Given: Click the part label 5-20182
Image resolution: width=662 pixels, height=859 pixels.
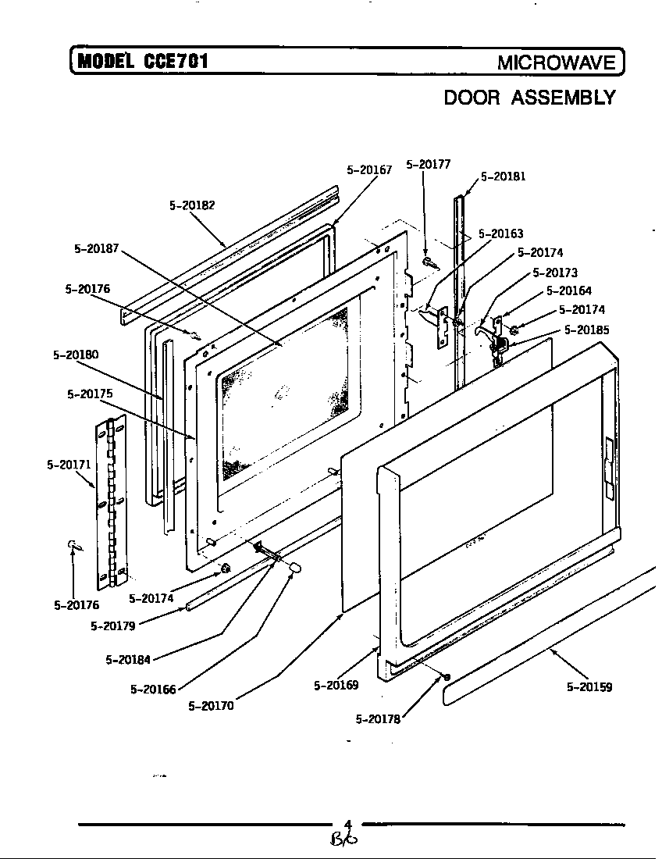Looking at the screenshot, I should (x=191, y=205).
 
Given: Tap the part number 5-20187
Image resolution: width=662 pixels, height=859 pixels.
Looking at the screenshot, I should (x=97, y=249).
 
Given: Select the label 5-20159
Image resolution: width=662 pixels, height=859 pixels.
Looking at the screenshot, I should (x=589, y=687).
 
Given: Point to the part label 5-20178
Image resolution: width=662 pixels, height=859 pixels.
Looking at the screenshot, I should (x=378, y=719).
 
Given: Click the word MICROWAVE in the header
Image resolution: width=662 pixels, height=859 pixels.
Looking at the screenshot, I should (x=557, y=63).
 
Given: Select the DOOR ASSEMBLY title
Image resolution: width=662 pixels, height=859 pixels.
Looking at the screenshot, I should (x=529, y=98).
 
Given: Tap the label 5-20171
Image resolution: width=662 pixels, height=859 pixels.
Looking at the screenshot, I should (x=69, y=465).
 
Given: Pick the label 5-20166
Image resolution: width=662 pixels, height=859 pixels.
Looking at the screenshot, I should (x=153, y=689).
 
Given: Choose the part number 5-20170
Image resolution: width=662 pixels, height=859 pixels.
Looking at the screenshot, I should (x=211, y=706).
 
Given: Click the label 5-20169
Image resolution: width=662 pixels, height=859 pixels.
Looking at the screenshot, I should (x=336, y=686).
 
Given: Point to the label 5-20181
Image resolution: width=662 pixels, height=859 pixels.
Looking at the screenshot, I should (x=503, y=176).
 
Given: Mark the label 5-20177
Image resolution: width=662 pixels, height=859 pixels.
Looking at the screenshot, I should (x=428, y=164).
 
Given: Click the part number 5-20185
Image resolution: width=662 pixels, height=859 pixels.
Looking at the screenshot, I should (x=586, y=330).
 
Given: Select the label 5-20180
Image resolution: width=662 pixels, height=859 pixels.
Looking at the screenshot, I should (x=76, y=355).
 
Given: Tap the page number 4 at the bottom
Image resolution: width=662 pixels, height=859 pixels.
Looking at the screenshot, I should (x=348, y=823).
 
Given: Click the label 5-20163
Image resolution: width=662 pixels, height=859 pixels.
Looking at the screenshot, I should (x=500, y=233).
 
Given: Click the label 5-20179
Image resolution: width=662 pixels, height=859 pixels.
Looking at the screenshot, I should (x=113, y=626).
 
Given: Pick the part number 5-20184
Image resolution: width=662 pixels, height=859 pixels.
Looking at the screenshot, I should (x=128, y=660).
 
